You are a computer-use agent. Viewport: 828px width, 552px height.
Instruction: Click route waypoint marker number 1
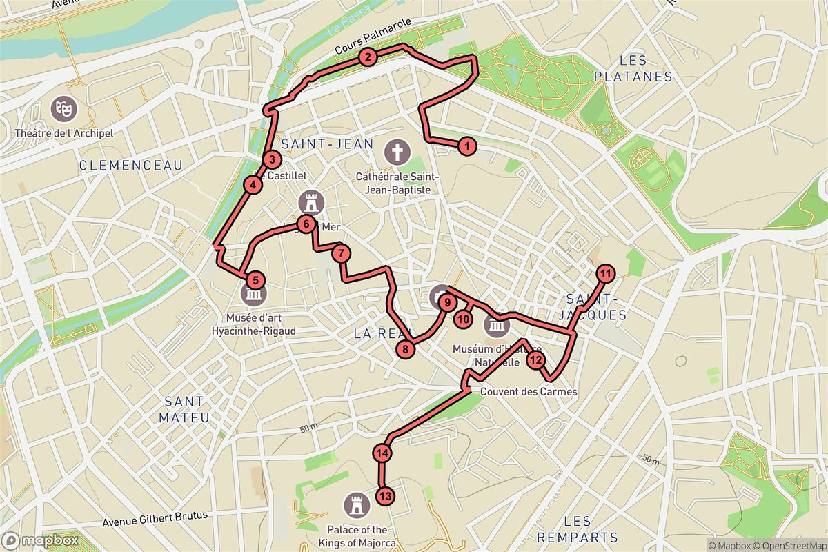[x=467, y=146]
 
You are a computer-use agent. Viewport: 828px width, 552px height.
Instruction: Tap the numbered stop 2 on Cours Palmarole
[x=368, y=57]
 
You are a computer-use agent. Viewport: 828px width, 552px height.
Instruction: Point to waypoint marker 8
[x=406, y=350]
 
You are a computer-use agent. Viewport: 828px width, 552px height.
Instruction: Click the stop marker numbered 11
[x=606, y=274]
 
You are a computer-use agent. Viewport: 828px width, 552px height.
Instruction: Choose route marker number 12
[x=535, y=359]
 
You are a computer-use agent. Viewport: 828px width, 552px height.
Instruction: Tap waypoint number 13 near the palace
[x=385, y=495]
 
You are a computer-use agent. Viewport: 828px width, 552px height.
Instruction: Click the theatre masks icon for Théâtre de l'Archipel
[x=63, y=108]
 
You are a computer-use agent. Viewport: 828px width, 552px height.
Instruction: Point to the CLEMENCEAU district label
[x=131, y=165]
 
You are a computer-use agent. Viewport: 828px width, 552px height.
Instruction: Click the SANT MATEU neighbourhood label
[x=184, y=409]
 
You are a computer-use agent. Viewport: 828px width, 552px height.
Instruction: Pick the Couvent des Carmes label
[x=529, y=392]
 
